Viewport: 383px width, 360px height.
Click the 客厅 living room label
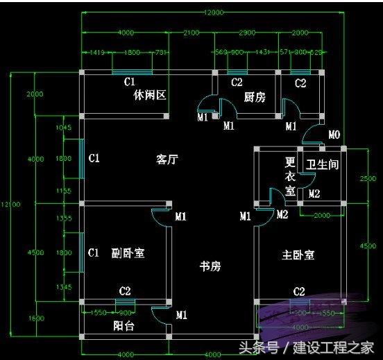point(167,160)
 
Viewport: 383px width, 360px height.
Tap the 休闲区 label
point(150,96)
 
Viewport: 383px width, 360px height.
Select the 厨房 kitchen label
point(255,98)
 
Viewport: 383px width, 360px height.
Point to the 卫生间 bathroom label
point(322,165)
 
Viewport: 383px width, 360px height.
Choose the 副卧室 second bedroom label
point(128,253)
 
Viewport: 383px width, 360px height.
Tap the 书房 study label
point(210,266)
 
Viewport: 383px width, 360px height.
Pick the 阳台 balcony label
point(124,325)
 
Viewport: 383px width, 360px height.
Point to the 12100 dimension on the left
point(10,204)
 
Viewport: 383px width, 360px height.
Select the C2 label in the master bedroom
point(299,291)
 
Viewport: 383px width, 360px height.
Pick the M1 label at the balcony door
point(182,316)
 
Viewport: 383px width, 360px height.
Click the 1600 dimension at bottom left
point(35,319)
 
